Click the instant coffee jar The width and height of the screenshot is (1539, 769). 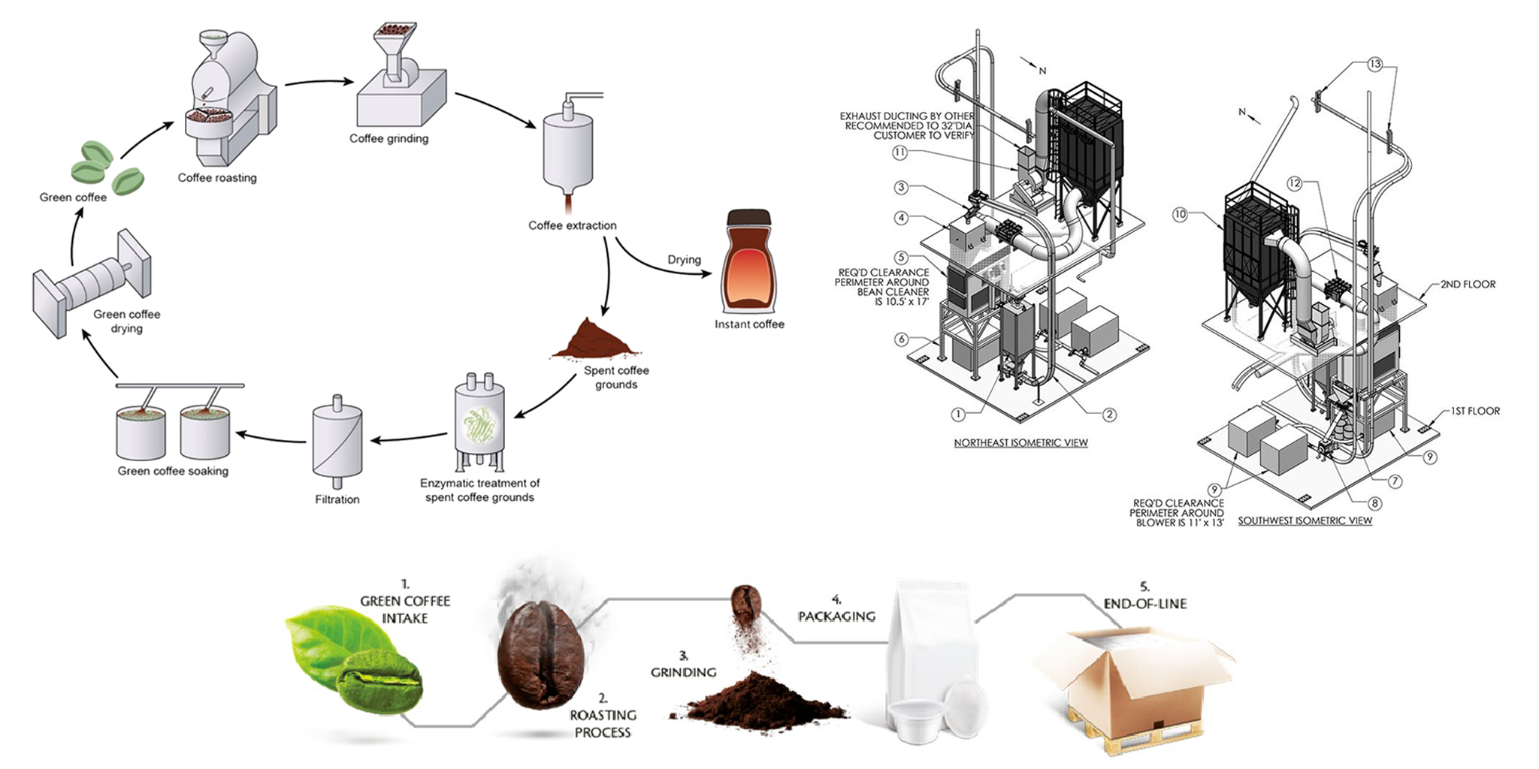[x=748, y=262]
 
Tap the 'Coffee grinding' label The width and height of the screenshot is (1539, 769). [x=389, y=138]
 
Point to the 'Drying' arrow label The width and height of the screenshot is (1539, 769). [x=684, y=259]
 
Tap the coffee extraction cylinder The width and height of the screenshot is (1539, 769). [x=568, y=151]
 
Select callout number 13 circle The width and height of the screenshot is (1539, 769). [x=1374, y=65]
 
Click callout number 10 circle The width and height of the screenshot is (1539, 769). [x=1180, y=215]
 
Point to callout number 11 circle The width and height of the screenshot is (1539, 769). [x=900, y=152]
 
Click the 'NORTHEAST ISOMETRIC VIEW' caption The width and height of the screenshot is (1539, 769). [x=1020, y=442]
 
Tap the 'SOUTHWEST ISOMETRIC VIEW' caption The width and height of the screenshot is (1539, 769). [x=1305, y=520]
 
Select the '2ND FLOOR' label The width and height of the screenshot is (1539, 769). [x=1467, y=284]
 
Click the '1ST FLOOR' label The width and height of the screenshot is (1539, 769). [x=1474, y=411]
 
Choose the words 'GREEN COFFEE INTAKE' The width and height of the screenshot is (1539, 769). [x=405, y=609]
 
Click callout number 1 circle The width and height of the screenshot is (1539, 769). [x=957, y=414]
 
